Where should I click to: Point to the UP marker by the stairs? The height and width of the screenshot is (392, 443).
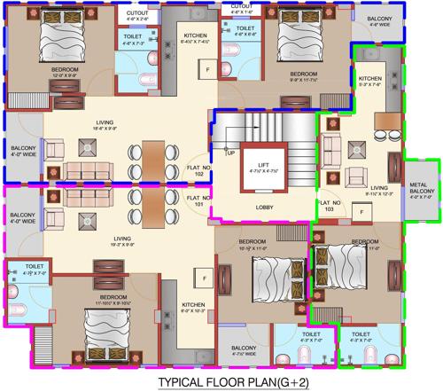click(231, 153)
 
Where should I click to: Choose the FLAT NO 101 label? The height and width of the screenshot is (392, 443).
click(199, 202)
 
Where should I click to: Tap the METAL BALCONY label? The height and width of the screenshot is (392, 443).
click(421, 189)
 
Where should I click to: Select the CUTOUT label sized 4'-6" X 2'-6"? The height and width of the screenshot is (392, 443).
click(136, 14)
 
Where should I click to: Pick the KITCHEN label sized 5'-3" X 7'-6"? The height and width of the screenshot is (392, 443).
click(369, 80)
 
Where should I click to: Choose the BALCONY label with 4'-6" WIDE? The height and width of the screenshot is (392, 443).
click(379, 20)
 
